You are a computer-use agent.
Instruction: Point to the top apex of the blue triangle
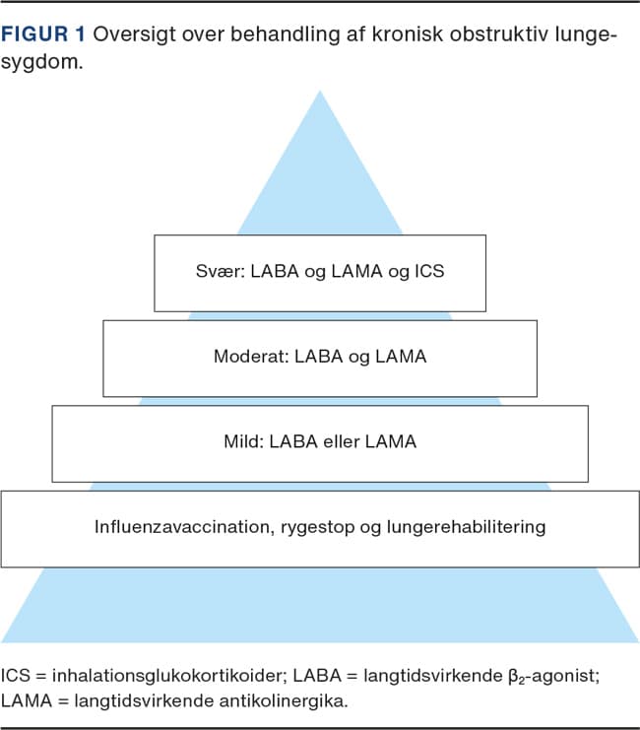(319, 92)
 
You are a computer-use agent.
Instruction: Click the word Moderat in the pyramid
(250, 357)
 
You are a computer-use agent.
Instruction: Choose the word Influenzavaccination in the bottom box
(182, 526)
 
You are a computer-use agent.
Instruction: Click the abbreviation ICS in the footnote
(17, 677)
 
